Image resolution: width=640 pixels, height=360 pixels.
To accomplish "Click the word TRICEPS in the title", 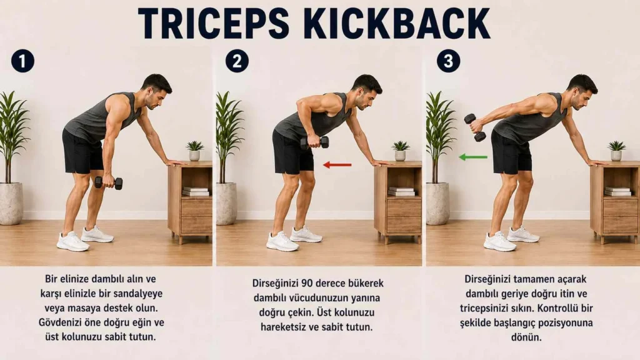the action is click(214, 23).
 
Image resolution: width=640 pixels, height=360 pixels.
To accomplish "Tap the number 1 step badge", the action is click(23, 61).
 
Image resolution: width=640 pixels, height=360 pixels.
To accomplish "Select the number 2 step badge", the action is click(237, 61).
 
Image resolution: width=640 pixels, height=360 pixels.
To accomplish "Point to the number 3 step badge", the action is click(448, 61).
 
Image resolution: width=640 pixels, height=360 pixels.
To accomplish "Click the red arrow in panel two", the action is click(337, 165).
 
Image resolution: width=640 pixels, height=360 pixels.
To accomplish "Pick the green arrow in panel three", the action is click(473, 157).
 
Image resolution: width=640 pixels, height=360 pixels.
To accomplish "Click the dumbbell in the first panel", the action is click(109, 183).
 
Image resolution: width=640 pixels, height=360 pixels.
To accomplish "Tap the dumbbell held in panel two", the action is click(315, 142).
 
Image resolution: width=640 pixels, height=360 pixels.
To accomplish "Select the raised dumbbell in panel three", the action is click(475, 127).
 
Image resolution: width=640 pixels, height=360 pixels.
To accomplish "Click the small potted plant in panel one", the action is click(195, 151).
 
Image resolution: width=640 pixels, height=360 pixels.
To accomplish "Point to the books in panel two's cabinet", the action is click(402, 191).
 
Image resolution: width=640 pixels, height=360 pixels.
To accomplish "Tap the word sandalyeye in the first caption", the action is click(136, 294).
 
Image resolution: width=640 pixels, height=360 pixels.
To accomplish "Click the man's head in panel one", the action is click(156, 91).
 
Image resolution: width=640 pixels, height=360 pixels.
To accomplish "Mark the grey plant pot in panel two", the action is click(226, 204).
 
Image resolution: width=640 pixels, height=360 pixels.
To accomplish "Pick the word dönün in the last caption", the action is click(526, 337).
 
